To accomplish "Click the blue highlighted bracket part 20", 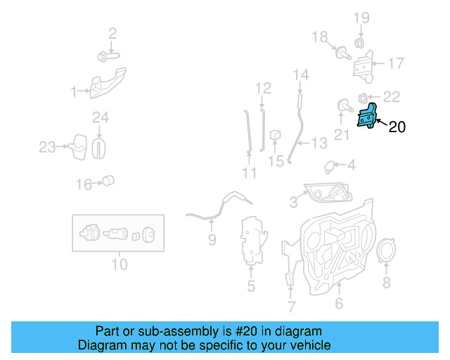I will pos(366,116).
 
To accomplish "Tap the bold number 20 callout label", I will pos(397,127).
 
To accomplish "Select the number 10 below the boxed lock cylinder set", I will pos(119,264).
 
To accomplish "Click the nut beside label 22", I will pos(362,97).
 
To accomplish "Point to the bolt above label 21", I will pos(343,106).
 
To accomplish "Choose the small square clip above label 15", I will pos(276,134).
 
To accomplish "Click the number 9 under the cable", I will pos(212,241).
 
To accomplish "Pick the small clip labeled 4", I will pos(329,166).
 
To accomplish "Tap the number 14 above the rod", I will pos(300,75).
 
